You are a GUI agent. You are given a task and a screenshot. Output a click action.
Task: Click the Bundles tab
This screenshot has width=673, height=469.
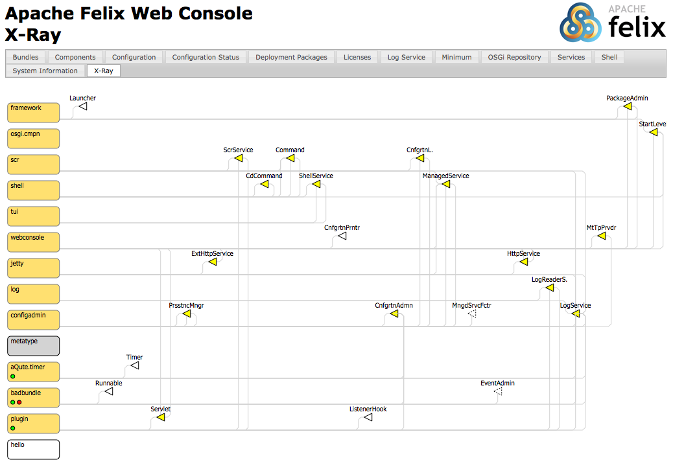coord(26,57)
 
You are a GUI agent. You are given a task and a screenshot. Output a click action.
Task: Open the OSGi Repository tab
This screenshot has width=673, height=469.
coord(514,57)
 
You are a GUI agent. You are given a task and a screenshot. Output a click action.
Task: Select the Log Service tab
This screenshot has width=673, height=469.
coord(406,57)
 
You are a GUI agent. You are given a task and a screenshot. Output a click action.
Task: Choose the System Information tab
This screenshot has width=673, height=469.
coord(45,71)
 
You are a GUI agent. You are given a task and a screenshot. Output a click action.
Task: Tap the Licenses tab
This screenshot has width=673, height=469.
coord(357,57)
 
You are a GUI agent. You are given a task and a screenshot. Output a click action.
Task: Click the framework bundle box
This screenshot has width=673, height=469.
coord(34,112)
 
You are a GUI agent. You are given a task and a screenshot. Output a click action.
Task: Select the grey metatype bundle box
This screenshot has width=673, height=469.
coord(34,345)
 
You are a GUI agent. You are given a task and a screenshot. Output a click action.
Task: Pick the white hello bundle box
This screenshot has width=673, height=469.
coord(34,449)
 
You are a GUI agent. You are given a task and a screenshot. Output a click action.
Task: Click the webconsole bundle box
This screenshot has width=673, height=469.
coord(34,242)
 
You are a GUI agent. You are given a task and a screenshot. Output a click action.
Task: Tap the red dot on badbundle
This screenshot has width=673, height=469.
coord(19,402)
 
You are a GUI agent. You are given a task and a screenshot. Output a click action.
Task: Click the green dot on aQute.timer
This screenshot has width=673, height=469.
coord(12,376)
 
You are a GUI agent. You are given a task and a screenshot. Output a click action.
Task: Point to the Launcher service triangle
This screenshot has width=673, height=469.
coord(83,106)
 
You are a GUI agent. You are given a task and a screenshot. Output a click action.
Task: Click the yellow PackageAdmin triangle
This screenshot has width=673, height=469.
coord(627,106)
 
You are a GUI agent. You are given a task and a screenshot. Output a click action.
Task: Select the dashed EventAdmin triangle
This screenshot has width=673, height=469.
coord(498,391)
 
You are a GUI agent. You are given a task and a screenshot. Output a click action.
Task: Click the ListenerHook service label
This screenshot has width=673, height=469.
coord(368,409)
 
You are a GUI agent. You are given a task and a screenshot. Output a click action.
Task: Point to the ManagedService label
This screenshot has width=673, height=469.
coord(445,176)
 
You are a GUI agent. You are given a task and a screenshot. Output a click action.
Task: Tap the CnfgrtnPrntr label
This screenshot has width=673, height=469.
coord(342,227)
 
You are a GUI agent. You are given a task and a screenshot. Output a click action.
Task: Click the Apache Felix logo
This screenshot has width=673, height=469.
coord(613,23)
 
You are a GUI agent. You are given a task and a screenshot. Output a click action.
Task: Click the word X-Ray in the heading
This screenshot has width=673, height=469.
coord(33,34)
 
